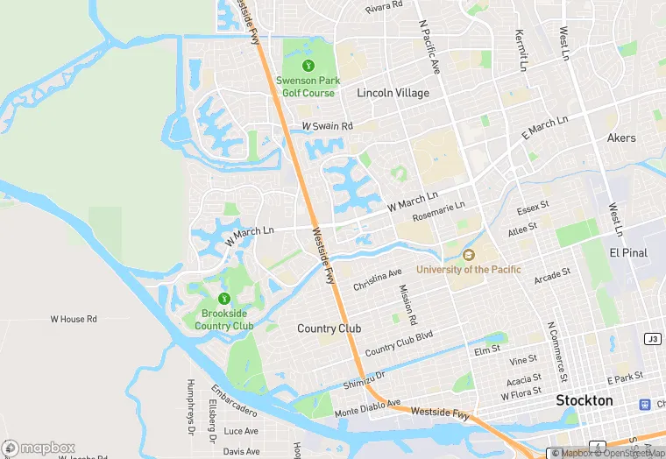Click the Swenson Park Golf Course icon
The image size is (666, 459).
point(308,66)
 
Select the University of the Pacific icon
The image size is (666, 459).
point(468,255)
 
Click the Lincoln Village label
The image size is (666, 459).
point(393,93)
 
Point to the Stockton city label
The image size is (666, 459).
point(585,400)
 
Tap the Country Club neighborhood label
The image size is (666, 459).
point(329,328)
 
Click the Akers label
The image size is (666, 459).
point(621,138)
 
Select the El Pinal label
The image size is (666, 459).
point(627,252)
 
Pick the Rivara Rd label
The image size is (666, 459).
point(384,7)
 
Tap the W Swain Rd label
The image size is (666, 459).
point(327,127)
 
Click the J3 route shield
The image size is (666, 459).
point(652,338)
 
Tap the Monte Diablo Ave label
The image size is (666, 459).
point(366,408)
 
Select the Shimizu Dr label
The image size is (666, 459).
point(365,376)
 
